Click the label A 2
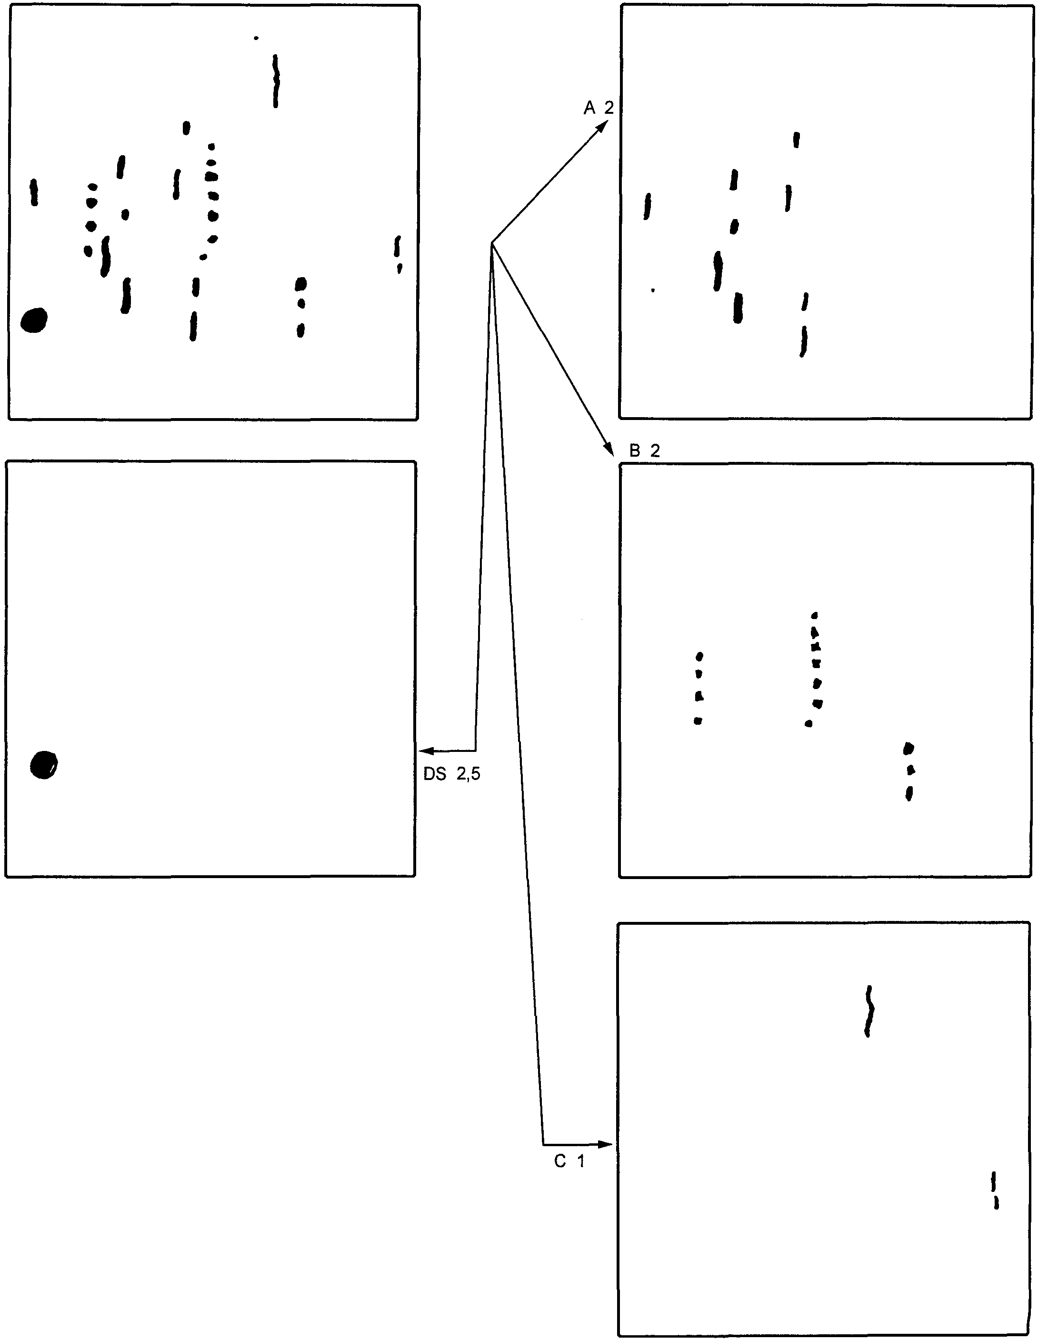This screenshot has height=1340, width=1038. click(598, 109)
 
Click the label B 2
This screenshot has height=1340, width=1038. click(644, 451)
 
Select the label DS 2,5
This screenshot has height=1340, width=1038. click(451, 774)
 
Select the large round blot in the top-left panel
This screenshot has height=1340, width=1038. click(34, 320)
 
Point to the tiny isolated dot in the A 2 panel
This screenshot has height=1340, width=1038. click(653, 290)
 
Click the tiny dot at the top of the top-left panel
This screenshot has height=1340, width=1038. click(256, 38)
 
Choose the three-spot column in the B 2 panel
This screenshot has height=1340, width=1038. click(909, 770)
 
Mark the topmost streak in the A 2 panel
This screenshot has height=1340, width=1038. click(796, 140)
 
